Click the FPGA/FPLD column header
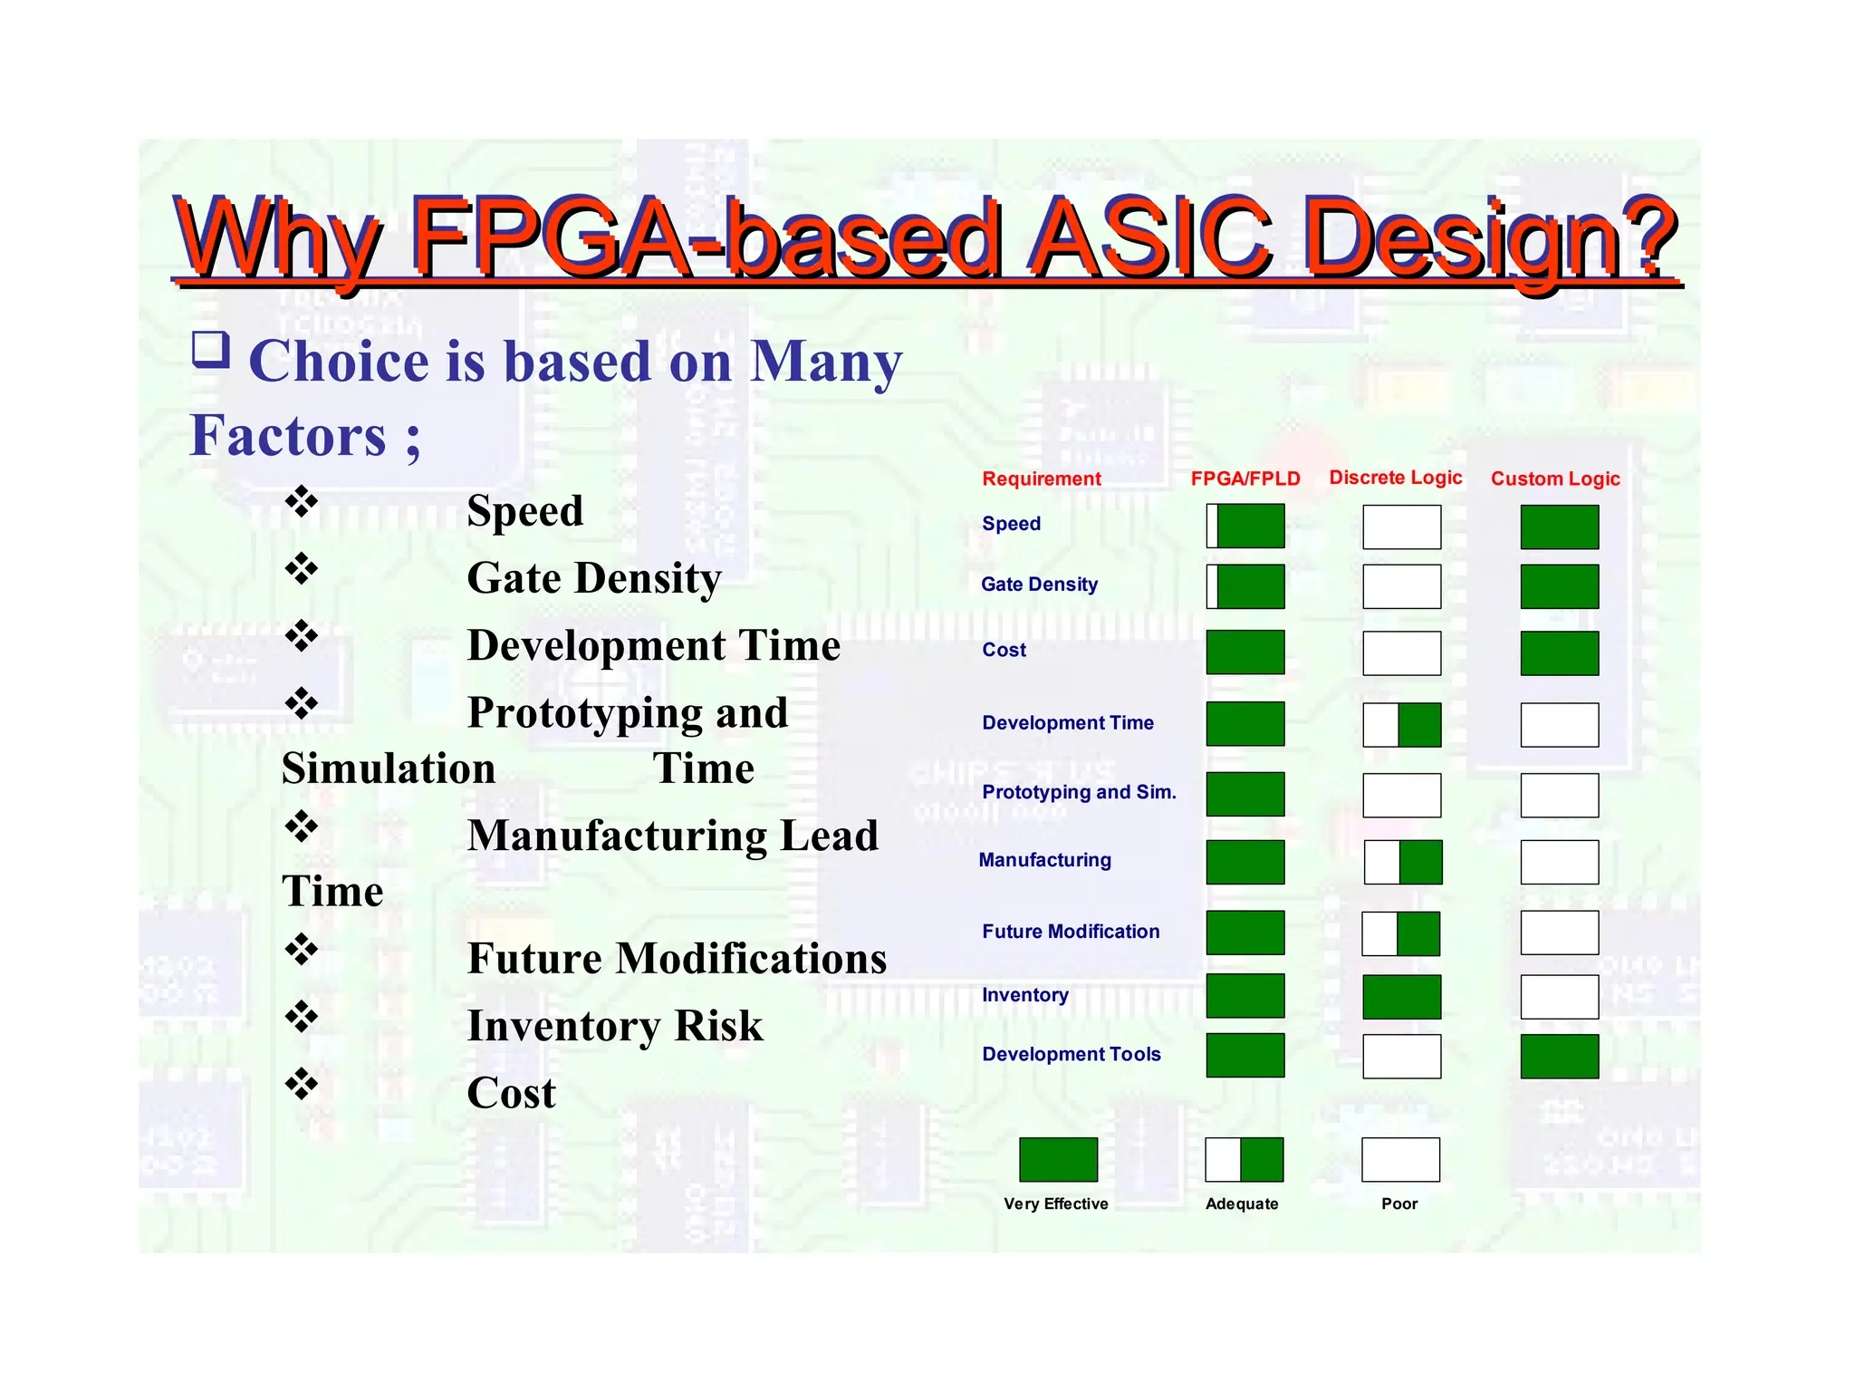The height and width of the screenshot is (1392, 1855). [x=1245, y=478]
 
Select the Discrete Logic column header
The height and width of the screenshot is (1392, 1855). [x=1395, y=478]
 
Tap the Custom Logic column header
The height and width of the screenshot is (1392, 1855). [x=1555, y=478]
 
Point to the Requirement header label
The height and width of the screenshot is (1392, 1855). [x=1042, y=478]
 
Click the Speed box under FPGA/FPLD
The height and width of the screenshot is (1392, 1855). [x=1245, y=527]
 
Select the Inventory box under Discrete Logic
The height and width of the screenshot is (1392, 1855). [x=1401, y=997]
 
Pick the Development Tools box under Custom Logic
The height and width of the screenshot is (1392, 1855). [x=1559, y=1056]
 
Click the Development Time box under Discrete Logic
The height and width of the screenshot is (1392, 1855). [x=1401, y=725]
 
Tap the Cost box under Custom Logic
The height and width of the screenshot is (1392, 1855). [x=1559, y=653]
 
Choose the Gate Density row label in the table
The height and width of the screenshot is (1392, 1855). [x=1039, y=585]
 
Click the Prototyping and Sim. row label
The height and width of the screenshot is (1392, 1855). [x=1079, y=792]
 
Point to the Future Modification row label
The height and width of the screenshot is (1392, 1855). [x=1071, y=932]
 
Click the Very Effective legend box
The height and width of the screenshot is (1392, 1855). [x=1058, y=1160]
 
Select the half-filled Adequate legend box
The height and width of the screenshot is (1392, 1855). [x=1244, y=1160]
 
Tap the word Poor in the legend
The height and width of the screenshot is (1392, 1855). [x=1399, y=1203]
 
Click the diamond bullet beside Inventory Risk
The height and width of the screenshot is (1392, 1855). [x=302, y=1017]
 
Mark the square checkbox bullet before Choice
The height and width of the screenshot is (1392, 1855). [x=211, y=350]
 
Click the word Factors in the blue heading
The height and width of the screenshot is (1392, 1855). [x=288, y=436]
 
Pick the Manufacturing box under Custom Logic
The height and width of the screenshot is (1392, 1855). [x=1559, y=862]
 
